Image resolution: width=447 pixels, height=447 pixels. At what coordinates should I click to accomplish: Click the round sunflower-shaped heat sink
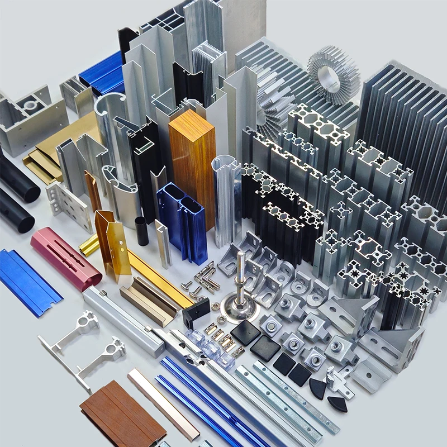pos(334,74)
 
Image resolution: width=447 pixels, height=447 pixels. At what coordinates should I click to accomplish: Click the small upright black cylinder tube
pos(142,231)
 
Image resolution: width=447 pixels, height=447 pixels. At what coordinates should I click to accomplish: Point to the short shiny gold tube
pos(89,244)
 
